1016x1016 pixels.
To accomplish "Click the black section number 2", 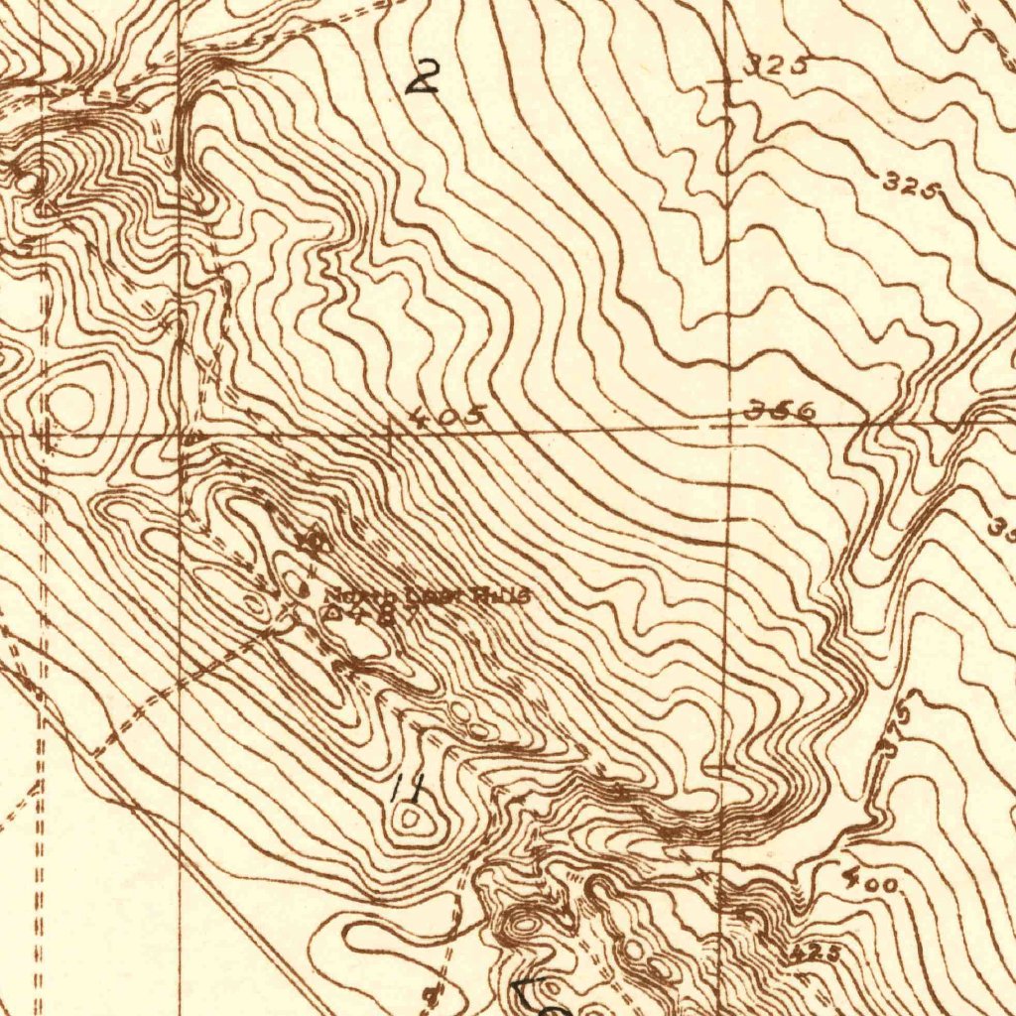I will (424, 76).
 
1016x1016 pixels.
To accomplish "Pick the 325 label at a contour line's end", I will (911, 185).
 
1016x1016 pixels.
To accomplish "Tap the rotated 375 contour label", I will (898, 731).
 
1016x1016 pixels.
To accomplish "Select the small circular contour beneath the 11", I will (409, 819).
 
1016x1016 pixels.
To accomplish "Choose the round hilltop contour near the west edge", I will (71, 402).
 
